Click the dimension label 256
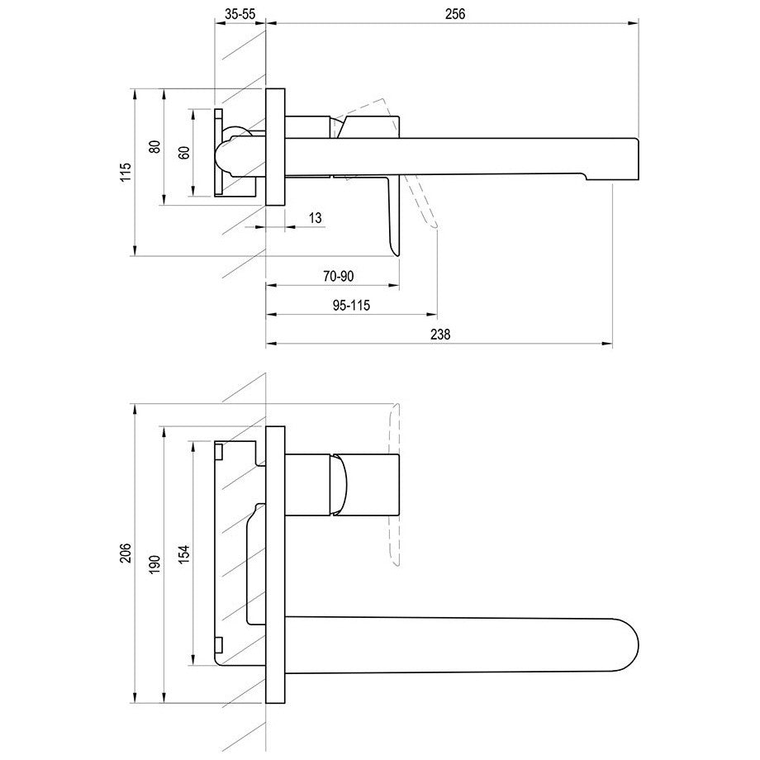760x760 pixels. coord(455,14)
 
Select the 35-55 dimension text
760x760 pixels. coord(240,14)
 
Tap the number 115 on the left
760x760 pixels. coord(126,173)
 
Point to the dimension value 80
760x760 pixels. coord(154,146)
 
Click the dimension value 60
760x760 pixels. coord(184,152)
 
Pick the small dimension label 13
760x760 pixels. coord(315,218)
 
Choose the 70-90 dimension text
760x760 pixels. coord(339,276)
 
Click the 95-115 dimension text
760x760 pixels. coord(351,306)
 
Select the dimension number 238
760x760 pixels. coord(440,335)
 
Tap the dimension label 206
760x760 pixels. coord(126,553)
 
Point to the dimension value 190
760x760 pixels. coord(154,565)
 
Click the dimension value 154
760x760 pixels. coord(184,554)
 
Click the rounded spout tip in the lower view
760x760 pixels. coord(638,646)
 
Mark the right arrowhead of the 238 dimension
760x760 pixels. coord(607,344)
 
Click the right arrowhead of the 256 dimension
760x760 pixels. coord(633,23)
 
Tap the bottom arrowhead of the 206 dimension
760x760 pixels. coord(134,697)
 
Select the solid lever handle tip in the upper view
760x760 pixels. coord(397,254)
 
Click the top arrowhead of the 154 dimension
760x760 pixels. coord(193,446)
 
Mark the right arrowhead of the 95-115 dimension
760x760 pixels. coord(432,315)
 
